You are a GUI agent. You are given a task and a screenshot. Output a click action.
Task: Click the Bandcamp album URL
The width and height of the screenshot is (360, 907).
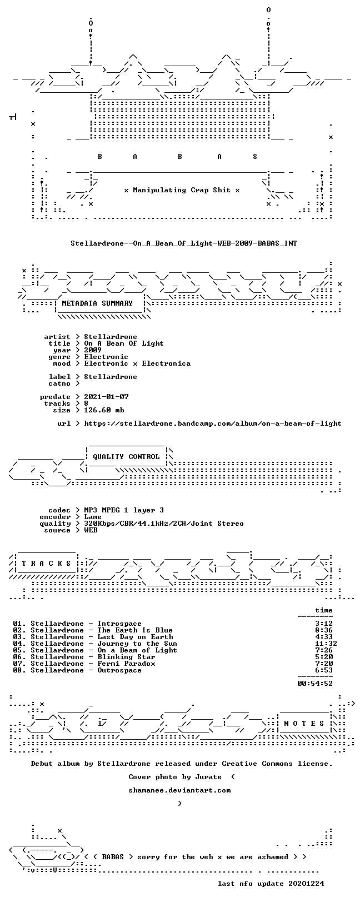pyautogui.click(x=213, y=423)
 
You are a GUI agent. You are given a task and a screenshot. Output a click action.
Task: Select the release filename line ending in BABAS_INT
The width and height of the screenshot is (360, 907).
pyautogui.click(x=184, y=243)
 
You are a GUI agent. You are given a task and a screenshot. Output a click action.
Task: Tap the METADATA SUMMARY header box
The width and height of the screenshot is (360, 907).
pyautogui.click(x=97, y=303)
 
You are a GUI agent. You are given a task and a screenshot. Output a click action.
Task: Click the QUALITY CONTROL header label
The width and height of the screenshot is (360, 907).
pyautogui.click(x=126, y=457)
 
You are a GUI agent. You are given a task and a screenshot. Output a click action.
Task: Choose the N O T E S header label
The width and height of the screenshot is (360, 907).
pyautogui.click(x=304, y=724)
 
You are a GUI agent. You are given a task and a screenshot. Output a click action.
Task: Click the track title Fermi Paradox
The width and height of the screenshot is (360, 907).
pyautogui.click(x=126, y=664)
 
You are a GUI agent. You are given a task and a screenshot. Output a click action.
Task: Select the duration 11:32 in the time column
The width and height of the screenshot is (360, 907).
pyautogui.click(x=326, y=644)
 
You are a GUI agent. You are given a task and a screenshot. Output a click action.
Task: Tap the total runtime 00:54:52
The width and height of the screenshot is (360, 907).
pyautogui.click(x=315, y=684)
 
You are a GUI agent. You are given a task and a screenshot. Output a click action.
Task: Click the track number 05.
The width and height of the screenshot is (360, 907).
pyautogui.click(x=17, y=650)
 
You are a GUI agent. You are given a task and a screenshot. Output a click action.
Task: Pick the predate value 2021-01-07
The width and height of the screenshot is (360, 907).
pyautogui.click(x=107, y=397)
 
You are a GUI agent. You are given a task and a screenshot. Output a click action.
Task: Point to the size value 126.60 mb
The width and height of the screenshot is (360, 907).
pyautogui.click(x=104, y=410)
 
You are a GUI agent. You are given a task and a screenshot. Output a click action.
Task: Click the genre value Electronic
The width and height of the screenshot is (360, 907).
pyautogui.click(x=106, y=357)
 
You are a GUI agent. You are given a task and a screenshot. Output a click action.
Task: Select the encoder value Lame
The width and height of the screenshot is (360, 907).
pyautogui.click(x=93, y=517)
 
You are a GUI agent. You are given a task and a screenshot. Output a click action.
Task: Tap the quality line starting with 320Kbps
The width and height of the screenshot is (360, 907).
pyautogui.click(x=164, y=524)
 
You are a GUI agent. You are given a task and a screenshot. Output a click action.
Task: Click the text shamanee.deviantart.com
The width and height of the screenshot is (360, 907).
pyautogui.click(x=179, y=790)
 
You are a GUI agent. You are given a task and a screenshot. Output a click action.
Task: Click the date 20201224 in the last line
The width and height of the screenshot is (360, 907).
pyautogui.click(x=306, y=884)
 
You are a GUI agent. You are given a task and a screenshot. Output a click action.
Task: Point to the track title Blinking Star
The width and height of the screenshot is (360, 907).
pyautogui.click(x=126, y=657)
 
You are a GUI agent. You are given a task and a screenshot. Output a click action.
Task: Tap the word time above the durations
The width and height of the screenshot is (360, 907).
pyautogui.click(x=324, y=610)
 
